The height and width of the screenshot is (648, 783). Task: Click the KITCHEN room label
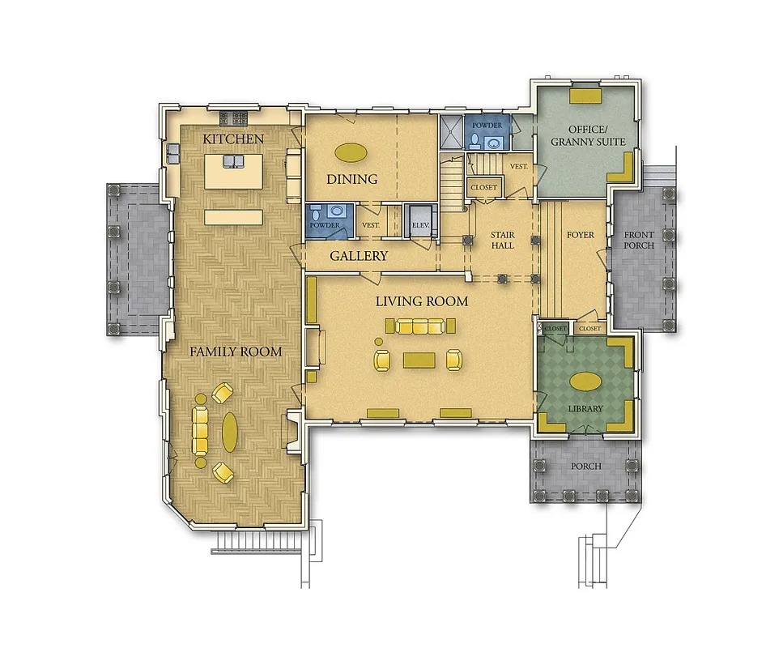(x=233, y=139)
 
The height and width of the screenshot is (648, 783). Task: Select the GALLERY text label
(x=359, y=256)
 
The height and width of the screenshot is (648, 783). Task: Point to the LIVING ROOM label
(x=421, y=301)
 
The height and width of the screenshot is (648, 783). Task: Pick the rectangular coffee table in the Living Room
(x=419, y=359)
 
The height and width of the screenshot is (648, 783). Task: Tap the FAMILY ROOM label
(x=236, y=352)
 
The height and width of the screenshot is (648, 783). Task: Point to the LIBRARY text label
(x=585, y=408)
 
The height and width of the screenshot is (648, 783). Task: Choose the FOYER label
(x=581, y=236)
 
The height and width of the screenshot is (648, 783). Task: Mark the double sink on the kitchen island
(x=232, y=162)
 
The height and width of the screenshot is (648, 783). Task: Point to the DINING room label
(x=352, y=179)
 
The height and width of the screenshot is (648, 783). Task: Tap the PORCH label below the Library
(x=585, y=466)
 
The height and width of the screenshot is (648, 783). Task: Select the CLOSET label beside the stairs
(x=483, y=188)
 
